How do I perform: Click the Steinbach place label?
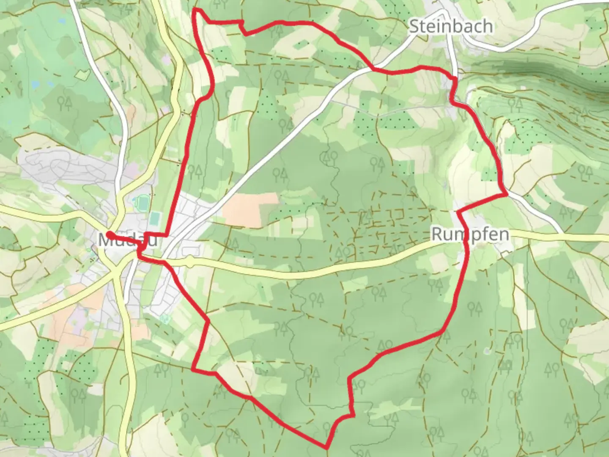[x=451, y=27]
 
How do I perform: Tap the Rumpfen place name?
[x=470, y=234]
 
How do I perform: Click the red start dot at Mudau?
[x=109, y=234]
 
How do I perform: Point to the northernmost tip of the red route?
[x=195, y=9]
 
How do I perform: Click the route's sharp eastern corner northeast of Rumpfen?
[x=506, y=194]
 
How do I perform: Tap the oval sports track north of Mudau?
[x=141, y=204]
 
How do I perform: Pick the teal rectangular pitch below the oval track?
[x=155, y=219]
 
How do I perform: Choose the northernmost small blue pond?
[x=62, y=21]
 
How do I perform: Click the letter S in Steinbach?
[x=414, y=27]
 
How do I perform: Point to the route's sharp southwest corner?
[x=193, y=369]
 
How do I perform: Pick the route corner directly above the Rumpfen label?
[x=458, y=212]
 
